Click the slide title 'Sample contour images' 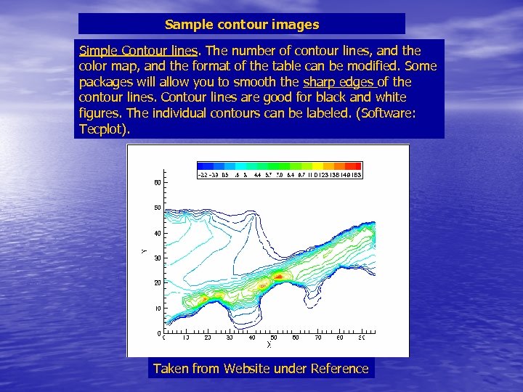pyautogui.click(x=242, y=25)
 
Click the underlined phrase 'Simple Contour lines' pyautogui.click(x=141, y=51)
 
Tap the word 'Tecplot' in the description pyautogui.click(x=102, y=128)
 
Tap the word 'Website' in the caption pyautogui.click(x=248, y=369)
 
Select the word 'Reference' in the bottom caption pyautogui.click(x=339, y=369)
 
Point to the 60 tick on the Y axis pyautogui.click(x=157, y=182)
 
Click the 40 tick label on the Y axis pyautogui.click(x=157, y=233)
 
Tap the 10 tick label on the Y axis pyautogui.click(x=157, y=309)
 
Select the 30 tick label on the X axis pyautogui.click(x=230, y=338)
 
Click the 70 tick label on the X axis pyautogui.click(x=317, y=338)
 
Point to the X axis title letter pyautogui.click(x=268, y=345)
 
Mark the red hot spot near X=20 pyautogui.click(x=205, y=298)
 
